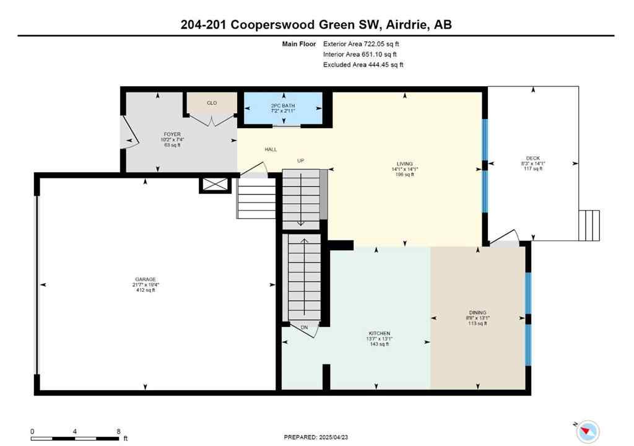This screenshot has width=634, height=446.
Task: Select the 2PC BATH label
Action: pos(283,106)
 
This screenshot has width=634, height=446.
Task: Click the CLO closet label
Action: pos(212,103)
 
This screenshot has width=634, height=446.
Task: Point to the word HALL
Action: pos(271,149)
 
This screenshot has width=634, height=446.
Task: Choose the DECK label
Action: pos(533,159)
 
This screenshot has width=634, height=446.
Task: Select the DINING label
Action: pos(477,313)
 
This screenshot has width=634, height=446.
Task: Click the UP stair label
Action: pos(301,160)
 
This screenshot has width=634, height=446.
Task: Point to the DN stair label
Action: pos(305,327)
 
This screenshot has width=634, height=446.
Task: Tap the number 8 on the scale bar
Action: pos(118,431)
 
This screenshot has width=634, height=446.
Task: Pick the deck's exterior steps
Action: pos(589,225)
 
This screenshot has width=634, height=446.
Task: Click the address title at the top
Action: pos(316,24)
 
